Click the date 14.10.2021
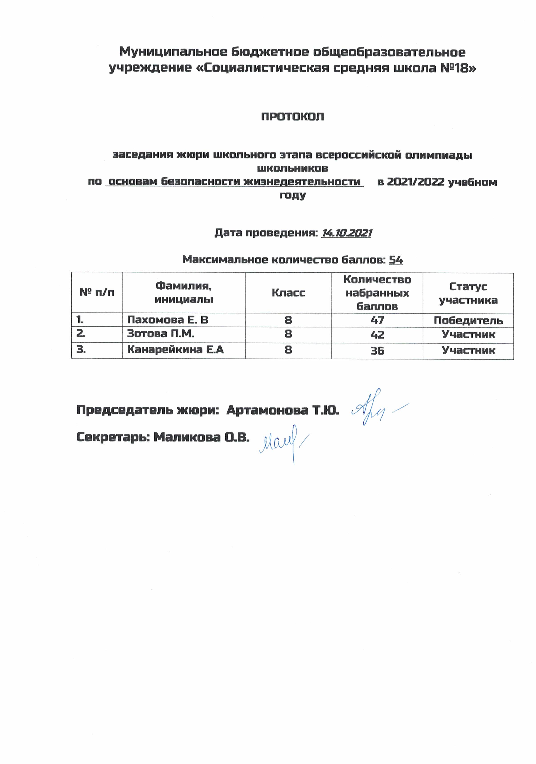coord(346,233)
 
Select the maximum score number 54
coord(396,260)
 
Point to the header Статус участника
coord(468,293)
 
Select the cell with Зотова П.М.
coord(160,334)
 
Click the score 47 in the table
coord(377,320)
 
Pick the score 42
coord(377,335)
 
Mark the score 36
coord(377,351)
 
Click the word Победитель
coord(468,321)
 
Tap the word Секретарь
coord(113,437)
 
